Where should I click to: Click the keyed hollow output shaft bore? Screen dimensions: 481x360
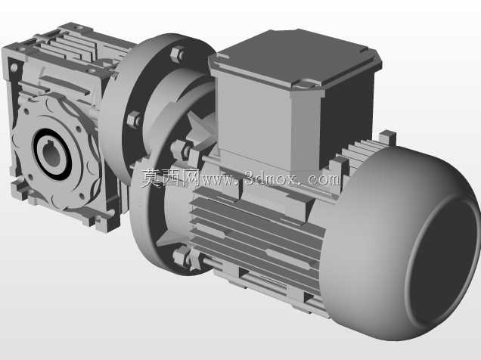pos(51,154)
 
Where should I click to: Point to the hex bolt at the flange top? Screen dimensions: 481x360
pos(178,54)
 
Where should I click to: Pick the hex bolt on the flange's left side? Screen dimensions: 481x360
pos(134,119)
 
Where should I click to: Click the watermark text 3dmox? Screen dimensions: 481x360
pos(271,179)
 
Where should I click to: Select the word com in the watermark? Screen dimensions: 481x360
pos(324,179)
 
